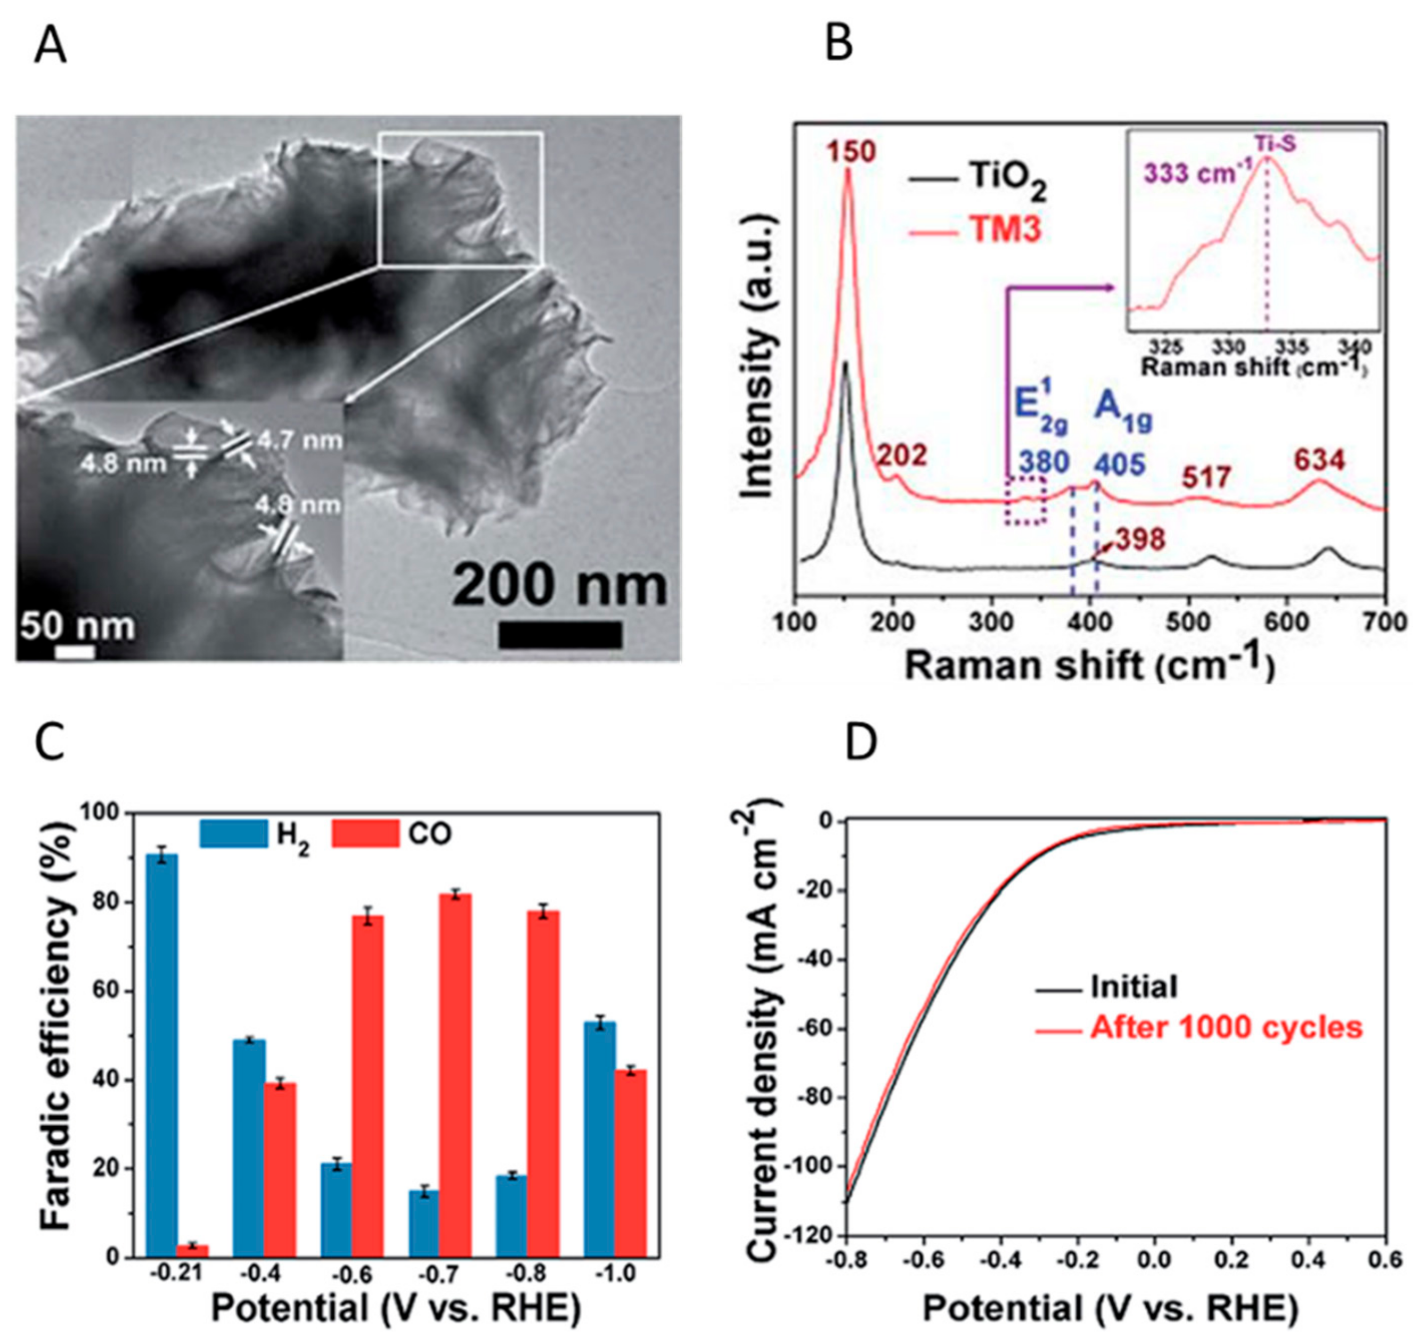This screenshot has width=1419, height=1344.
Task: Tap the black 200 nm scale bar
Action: (x=560, y=635)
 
